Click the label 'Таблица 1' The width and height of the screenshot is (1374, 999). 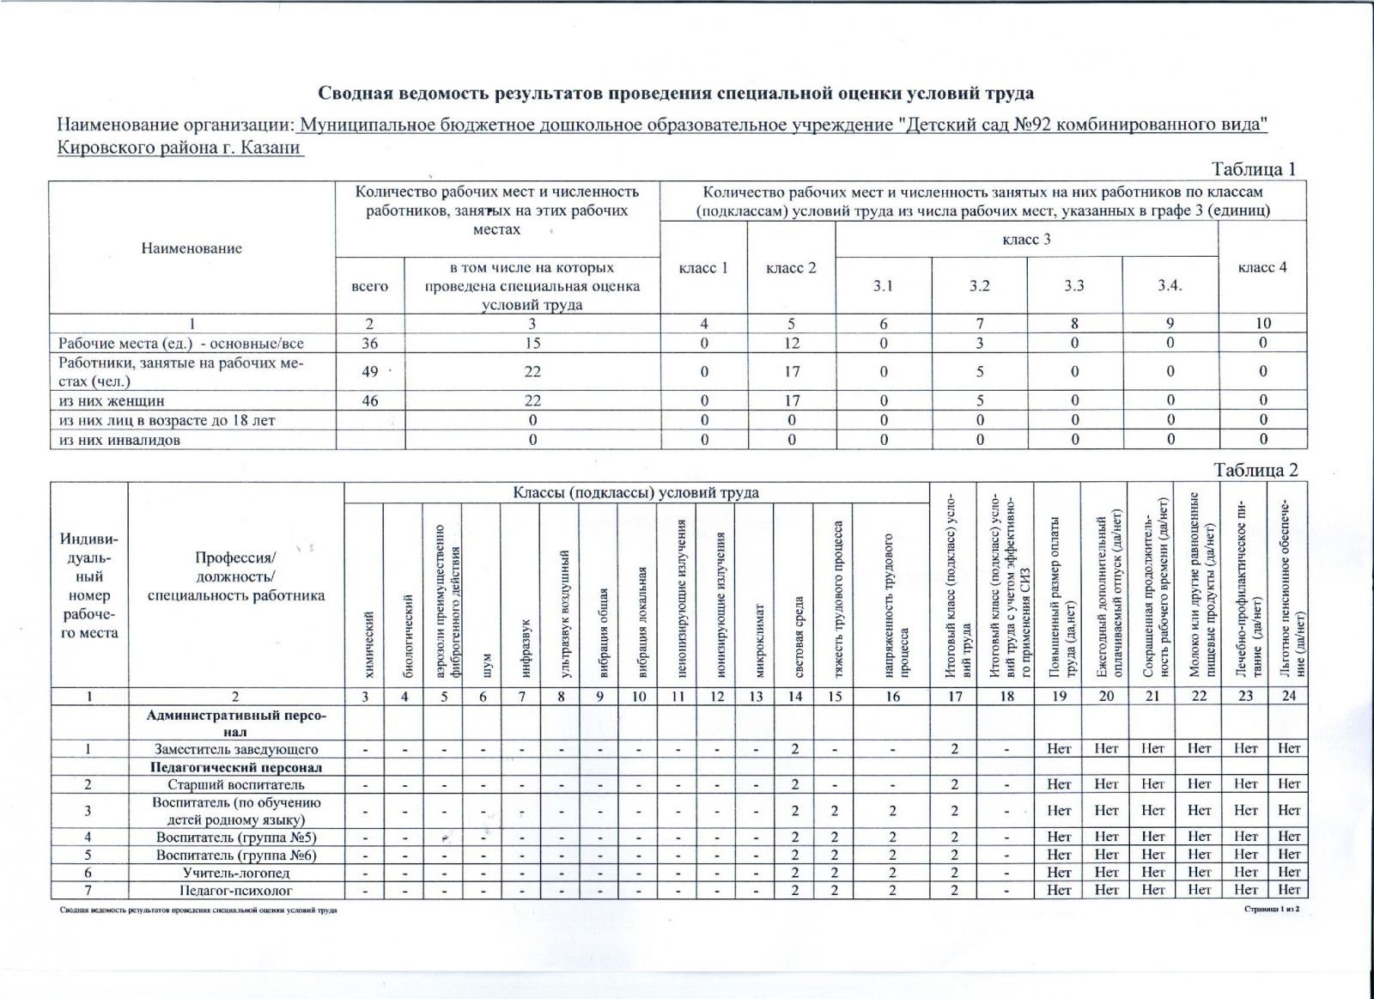tap(1253, 169)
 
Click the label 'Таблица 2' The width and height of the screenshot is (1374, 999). tap(1255, 470)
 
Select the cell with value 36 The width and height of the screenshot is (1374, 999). tap(369, 343)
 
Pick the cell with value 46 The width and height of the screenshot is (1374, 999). tap(369, 400)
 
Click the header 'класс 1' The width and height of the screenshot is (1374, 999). tap(703, 268)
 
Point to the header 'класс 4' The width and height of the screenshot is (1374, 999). tap(1262, 267)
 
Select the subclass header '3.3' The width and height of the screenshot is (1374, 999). tap(1074, 286)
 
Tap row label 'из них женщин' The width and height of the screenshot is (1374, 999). tap(112, 400)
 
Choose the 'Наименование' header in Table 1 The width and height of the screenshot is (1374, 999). tap(192, 248)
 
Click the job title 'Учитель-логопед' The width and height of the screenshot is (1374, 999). tap(236, 873)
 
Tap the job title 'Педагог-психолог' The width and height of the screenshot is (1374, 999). tap(236, 891)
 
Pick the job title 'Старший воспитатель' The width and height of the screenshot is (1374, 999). tap(236, 784)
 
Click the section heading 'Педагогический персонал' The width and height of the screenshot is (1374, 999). tap(236, 767)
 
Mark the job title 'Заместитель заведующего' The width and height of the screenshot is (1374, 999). tap(236, 749)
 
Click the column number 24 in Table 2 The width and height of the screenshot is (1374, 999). tap(1288, 697)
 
